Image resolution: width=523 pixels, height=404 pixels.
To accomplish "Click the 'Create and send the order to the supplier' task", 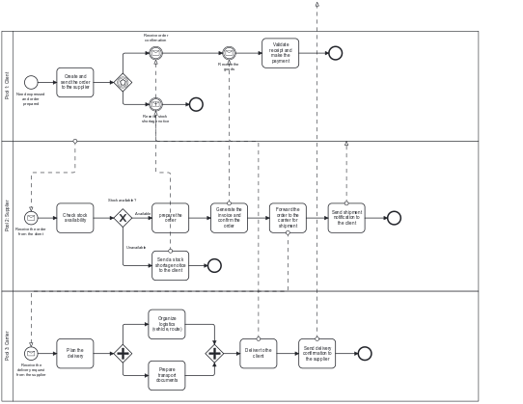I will tap(75, 82).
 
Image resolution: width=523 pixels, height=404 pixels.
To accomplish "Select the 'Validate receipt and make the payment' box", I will tap(280, 53).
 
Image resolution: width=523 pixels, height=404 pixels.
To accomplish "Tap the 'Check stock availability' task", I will tap(75, 218).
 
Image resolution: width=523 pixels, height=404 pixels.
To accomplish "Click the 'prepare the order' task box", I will tap(170, 218).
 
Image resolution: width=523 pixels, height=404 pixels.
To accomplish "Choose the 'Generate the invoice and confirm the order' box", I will tap(229, 218).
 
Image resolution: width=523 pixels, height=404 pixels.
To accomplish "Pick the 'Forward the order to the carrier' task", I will tap(288, 218).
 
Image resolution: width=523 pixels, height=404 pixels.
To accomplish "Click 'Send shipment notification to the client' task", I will tap(346, 218).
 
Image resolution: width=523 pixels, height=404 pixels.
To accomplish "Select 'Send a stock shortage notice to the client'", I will tap(170, 265).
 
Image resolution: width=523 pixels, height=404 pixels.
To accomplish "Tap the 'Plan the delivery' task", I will tap(75, 353).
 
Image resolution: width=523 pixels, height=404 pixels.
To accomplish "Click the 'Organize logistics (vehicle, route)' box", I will tap(167, 324).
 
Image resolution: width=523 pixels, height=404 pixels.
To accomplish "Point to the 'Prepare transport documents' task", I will tap(167, 375).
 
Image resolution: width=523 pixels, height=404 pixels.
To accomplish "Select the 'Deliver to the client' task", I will tap(258, 353).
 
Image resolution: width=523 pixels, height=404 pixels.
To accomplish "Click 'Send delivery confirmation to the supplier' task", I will tap(317, 353).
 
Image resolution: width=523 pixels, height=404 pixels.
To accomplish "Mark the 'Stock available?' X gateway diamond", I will tap(123, 218).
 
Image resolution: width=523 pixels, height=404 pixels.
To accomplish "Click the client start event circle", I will tap(31, 82).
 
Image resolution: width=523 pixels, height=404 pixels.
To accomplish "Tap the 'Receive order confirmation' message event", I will tap(155, 53).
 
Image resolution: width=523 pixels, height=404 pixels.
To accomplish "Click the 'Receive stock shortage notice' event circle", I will tap(155, 104).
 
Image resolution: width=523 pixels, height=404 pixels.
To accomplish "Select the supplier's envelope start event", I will tap(31, 218).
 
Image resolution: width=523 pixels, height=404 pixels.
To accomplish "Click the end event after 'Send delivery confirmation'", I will tap(365, 353).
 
